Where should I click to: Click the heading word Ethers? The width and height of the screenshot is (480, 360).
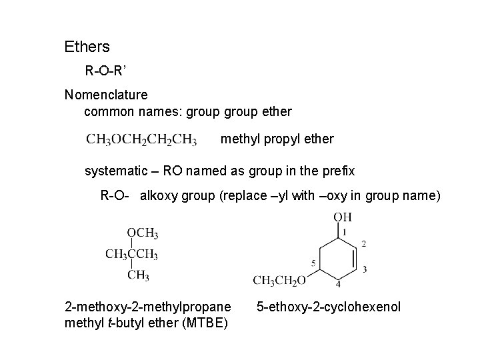87,47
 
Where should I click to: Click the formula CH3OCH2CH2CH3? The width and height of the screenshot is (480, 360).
141,140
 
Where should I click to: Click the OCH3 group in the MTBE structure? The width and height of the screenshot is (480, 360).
142,233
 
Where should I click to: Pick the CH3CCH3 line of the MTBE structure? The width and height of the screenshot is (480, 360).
131,254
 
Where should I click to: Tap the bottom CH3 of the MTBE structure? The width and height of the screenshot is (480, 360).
138,275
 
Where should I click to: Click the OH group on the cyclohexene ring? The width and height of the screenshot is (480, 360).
343,217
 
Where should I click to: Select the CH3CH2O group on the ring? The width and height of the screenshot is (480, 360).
279,280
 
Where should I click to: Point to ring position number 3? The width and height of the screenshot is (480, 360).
365,269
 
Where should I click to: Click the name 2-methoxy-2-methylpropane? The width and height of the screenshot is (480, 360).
147,307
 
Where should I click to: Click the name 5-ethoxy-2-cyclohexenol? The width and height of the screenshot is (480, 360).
329,307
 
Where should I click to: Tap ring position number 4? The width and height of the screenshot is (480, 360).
337,285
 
